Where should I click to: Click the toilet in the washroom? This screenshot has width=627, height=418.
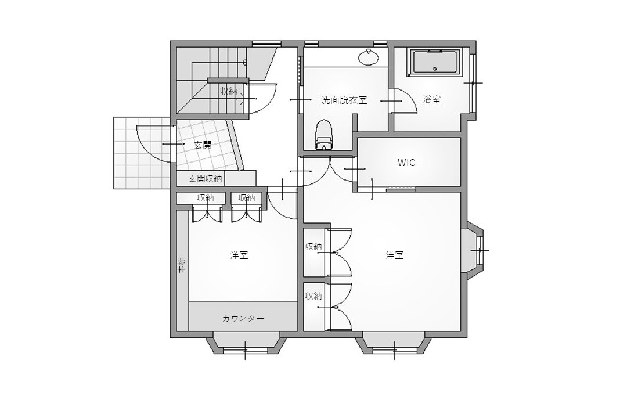325,135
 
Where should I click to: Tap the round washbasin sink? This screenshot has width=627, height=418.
369,57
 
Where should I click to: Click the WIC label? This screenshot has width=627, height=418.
406,163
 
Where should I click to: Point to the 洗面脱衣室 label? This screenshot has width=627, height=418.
344,100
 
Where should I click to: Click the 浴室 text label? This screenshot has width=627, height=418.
432,100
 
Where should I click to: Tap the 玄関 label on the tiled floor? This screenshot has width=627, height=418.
203,145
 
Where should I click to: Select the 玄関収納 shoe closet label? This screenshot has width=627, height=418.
205,178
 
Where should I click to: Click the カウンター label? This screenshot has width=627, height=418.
243,318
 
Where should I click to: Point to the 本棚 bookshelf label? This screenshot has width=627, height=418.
182,265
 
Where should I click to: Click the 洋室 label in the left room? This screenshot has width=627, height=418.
239,255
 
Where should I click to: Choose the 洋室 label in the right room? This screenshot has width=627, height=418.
395,255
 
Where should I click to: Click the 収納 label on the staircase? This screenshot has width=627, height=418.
228,92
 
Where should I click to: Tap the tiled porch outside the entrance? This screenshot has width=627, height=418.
142,153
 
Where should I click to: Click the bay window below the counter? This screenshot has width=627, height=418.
245,344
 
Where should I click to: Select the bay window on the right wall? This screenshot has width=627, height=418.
475,250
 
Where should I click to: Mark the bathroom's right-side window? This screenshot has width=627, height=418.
472,83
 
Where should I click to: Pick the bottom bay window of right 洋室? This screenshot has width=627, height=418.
395,344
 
